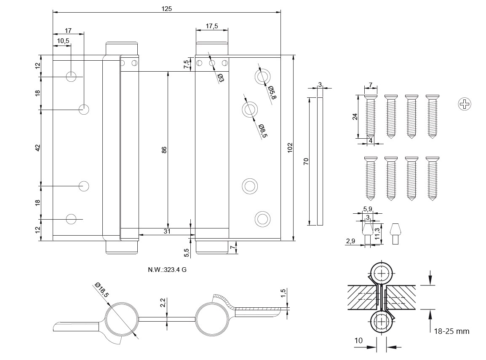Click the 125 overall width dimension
click(x=166, y=8)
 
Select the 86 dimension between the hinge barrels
click(x=164, y=150)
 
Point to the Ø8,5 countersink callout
click(x=263, y=131)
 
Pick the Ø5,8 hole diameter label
click(x=272, y=92)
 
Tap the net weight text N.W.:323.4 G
click(x=167, y=270)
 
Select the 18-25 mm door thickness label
click(x=451, y=331)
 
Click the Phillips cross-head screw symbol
click(x=464, y=104)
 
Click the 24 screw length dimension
click(x=355, y=117)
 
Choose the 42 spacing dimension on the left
click(x=37, y=148)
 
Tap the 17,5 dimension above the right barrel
click(x=211, y=26)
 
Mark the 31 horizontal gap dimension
click(x=167, y=231)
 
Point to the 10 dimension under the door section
click(x=358, y=340)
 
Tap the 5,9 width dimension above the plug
click(x=368, y=209)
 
